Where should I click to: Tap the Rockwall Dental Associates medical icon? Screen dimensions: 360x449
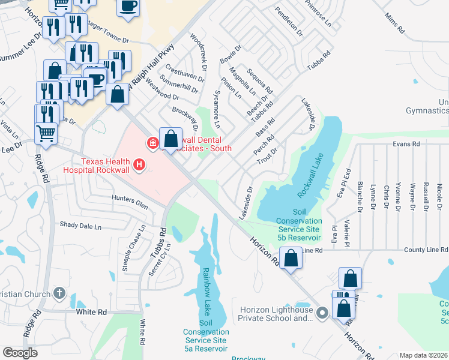[153, 143]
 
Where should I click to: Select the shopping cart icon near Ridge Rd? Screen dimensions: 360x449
[46, 133]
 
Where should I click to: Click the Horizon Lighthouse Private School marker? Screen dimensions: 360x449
[322, 312]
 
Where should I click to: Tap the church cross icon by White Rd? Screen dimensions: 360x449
[58, 293]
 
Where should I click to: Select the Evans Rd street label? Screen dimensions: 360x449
[406, 144]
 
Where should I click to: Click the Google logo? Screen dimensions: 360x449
[20, 352]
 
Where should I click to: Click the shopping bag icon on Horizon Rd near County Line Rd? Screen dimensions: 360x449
[291, 259]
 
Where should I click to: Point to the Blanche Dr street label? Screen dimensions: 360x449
[360, 197]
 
